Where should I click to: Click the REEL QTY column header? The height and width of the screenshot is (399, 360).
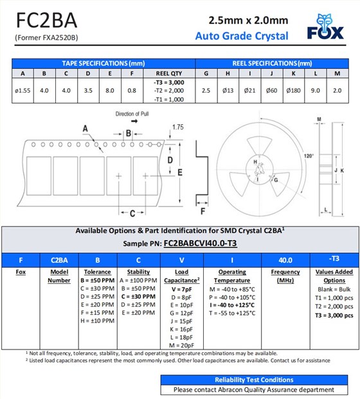coord(169,72)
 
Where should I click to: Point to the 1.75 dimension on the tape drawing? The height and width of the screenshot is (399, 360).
coord(177,127)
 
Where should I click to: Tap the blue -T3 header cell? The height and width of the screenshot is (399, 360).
coord(334,259)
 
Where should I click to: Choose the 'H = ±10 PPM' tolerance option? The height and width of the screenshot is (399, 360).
coord(97,320)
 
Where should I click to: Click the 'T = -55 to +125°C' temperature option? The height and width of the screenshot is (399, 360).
coord(232,313)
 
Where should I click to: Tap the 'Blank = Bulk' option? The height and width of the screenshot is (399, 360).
coord(334,290)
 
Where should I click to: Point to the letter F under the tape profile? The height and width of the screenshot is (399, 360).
coord(203,210)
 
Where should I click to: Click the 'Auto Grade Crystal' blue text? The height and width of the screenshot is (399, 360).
coord(242,35)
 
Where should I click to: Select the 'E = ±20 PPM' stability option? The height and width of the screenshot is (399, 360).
coord(138,313)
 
